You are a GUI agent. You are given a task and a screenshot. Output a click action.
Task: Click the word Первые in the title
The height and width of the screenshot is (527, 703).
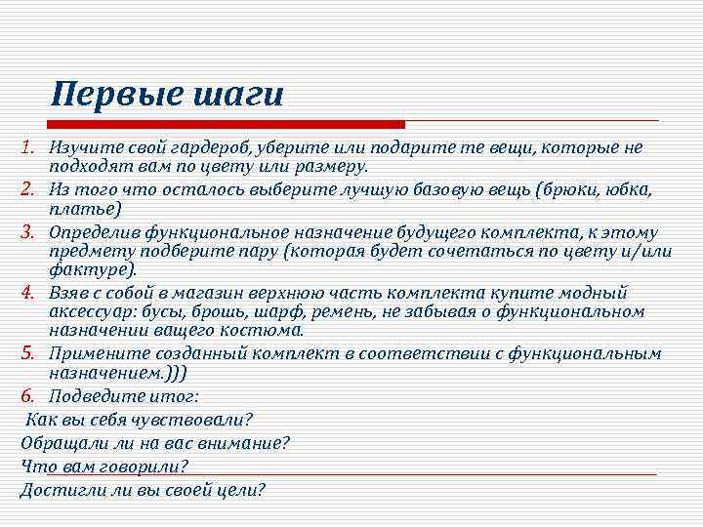coord(109,95)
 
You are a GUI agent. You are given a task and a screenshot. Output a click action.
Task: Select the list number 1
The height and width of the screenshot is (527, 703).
coord(30,147)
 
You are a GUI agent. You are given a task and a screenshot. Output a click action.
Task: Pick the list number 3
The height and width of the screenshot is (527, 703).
coord(30,233)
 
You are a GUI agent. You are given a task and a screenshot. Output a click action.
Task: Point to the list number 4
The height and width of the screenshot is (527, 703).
coord(30,293)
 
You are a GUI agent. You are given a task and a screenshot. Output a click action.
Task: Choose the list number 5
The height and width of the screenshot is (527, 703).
coord(30,353)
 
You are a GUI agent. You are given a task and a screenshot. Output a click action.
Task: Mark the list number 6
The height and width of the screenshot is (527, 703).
coord(30,396)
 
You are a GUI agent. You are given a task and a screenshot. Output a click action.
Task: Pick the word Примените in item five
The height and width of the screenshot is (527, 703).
coord(96,354)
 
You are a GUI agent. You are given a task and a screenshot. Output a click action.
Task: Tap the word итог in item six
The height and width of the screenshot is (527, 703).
coord(174,397)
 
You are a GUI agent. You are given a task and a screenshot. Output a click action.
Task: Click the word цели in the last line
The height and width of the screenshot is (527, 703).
coord(242,490)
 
